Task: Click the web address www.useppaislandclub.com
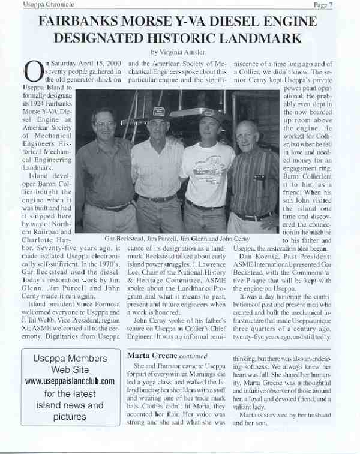[x=70, y=381]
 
